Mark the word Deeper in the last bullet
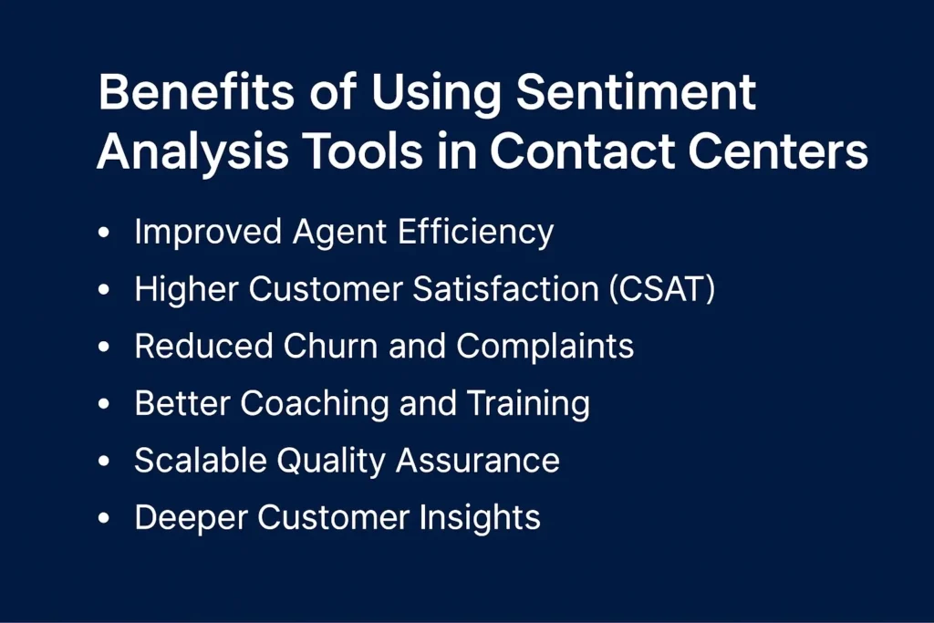tap(191, 518)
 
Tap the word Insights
tap(480, 518)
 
